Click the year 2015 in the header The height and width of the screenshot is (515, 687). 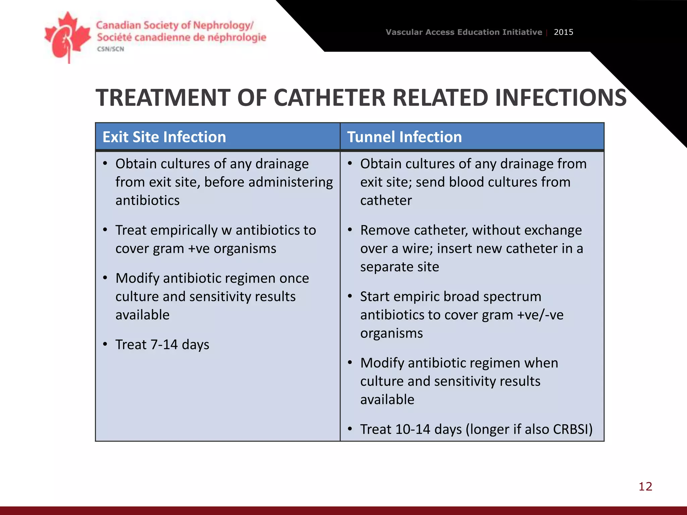(563, 32)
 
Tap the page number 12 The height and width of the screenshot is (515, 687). (645, 486)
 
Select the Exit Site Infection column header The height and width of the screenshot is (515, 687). (164, 137)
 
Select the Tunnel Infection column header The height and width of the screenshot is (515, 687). (404, 137)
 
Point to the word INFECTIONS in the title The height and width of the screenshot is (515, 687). (560, 98)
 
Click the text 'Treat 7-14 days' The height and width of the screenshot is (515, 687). (162, 345)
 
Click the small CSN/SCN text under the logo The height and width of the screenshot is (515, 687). (110, 49)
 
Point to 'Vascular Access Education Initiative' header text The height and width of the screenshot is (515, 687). (464, 32)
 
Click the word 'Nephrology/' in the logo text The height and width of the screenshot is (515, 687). (223, 25)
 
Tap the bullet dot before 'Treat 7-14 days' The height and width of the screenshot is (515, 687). (105, 344)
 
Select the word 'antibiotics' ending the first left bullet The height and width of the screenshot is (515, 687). (148, 201)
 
